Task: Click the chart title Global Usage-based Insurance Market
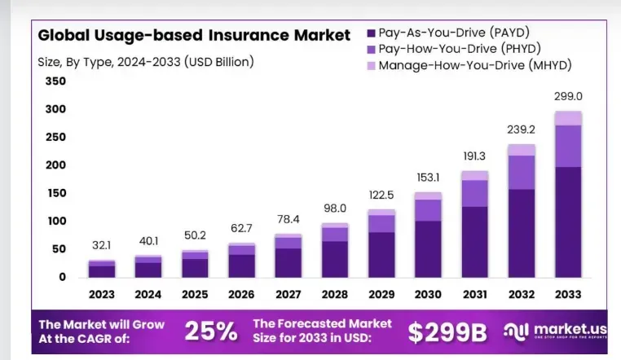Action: coord(194,35)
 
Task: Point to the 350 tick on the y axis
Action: coord(55,81)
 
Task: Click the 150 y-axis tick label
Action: coord(55,193)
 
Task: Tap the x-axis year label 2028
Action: coord(334,294)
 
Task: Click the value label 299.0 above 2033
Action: coord(568,96)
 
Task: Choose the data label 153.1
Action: coord(428,177)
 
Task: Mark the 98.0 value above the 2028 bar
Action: coord(334,208)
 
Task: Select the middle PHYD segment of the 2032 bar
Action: coord(522,172)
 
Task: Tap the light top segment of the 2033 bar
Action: coord(568,118)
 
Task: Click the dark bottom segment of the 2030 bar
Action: coord(428,248)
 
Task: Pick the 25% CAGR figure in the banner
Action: coord(211,331)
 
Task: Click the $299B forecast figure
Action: coord(447,331)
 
